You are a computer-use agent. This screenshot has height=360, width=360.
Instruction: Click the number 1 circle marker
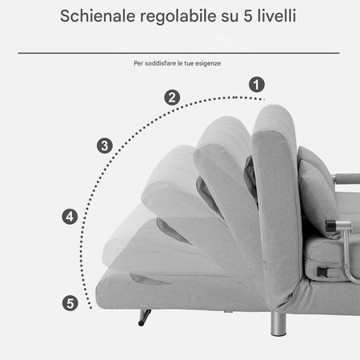[x=256, y=83]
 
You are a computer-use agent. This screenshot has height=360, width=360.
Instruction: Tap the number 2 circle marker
[x=172, y=98]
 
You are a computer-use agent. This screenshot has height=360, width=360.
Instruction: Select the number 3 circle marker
[x=104, y=146]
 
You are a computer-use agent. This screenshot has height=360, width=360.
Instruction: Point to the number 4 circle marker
[x=70, y=216]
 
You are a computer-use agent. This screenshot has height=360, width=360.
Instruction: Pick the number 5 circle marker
[x=70, y=302]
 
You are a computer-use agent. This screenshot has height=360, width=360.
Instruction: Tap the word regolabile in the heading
[x=178, y=16]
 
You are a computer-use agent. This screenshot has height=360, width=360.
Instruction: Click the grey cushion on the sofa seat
[x=318, y=196]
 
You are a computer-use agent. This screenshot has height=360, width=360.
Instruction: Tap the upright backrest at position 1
[x=276, y=200]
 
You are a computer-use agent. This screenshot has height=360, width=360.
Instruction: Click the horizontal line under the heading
[x=179, y=53]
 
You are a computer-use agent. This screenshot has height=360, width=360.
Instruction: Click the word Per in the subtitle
[x=139, y=63]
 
